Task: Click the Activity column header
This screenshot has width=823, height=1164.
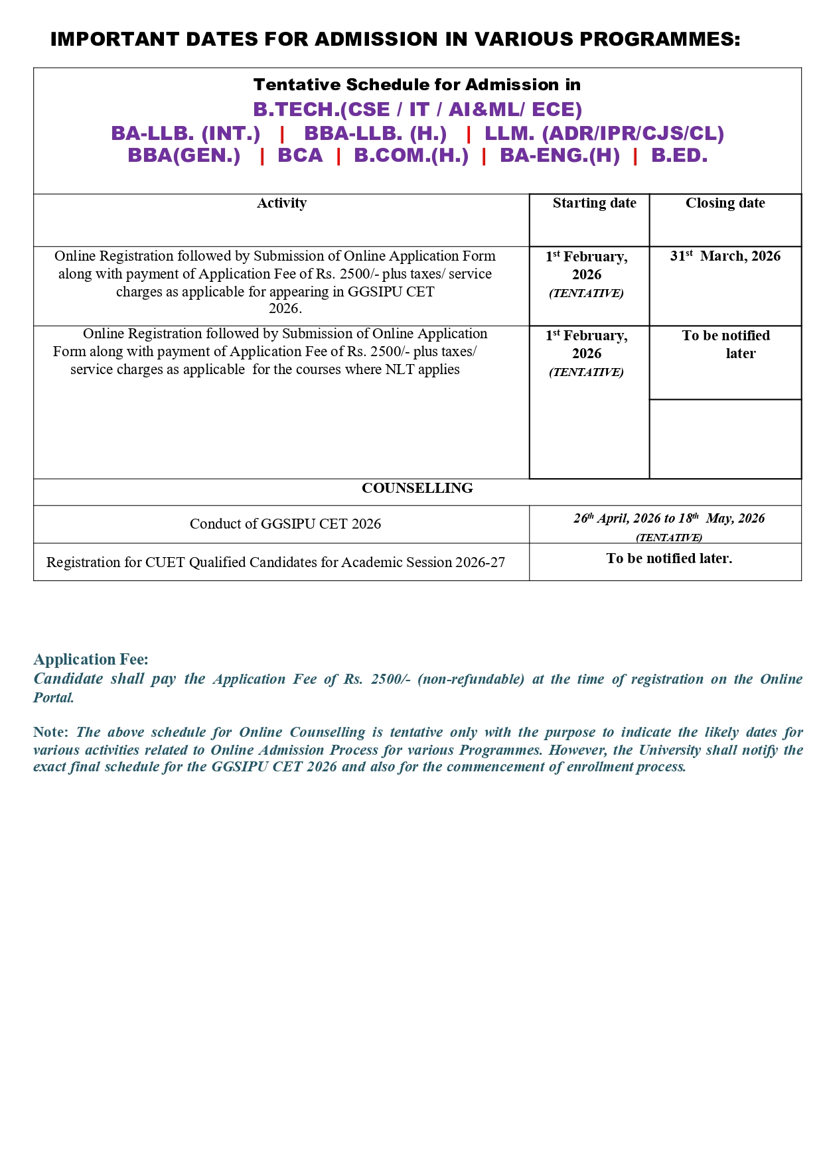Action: pos(281,203)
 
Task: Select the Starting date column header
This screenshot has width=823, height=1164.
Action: pos(594,203)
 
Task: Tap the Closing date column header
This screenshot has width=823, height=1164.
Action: pos(725,203)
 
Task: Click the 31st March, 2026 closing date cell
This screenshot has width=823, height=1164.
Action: pos(725,256)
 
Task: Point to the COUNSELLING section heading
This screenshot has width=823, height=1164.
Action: pos(417,488)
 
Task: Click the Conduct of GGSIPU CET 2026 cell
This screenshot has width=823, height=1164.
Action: pos(285,524)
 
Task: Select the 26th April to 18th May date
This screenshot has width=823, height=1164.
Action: pos(669,519)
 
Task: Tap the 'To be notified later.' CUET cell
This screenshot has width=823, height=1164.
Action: pos(669,558)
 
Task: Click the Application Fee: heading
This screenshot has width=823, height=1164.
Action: pos(91,659)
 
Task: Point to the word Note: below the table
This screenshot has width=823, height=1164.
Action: pos(50,732)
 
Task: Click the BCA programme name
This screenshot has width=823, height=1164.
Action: pos(300,156)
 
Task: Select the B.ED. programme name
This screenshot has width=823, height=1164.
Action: pos(679,156)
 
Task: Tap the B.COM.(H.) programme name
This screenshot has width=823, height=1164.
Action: pos(411,156)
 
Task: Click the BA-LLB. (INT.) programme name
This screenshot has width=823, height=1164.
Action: pos(186,133)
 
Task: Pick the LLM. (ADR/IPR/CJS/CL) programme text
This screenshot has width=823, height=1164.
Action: pos(604,133)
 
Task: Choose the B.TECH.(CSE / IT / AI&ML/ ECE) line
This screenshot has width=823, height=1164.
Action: pos(417,109)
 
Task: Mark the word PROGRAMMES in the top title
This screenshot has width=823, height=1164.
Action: pos(660,39)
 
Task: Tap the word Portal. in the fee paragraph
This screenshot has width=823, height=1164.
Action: pos(54,698)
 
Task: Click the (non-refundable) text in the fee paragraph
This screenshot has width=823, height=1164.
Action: pos(471,679)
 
